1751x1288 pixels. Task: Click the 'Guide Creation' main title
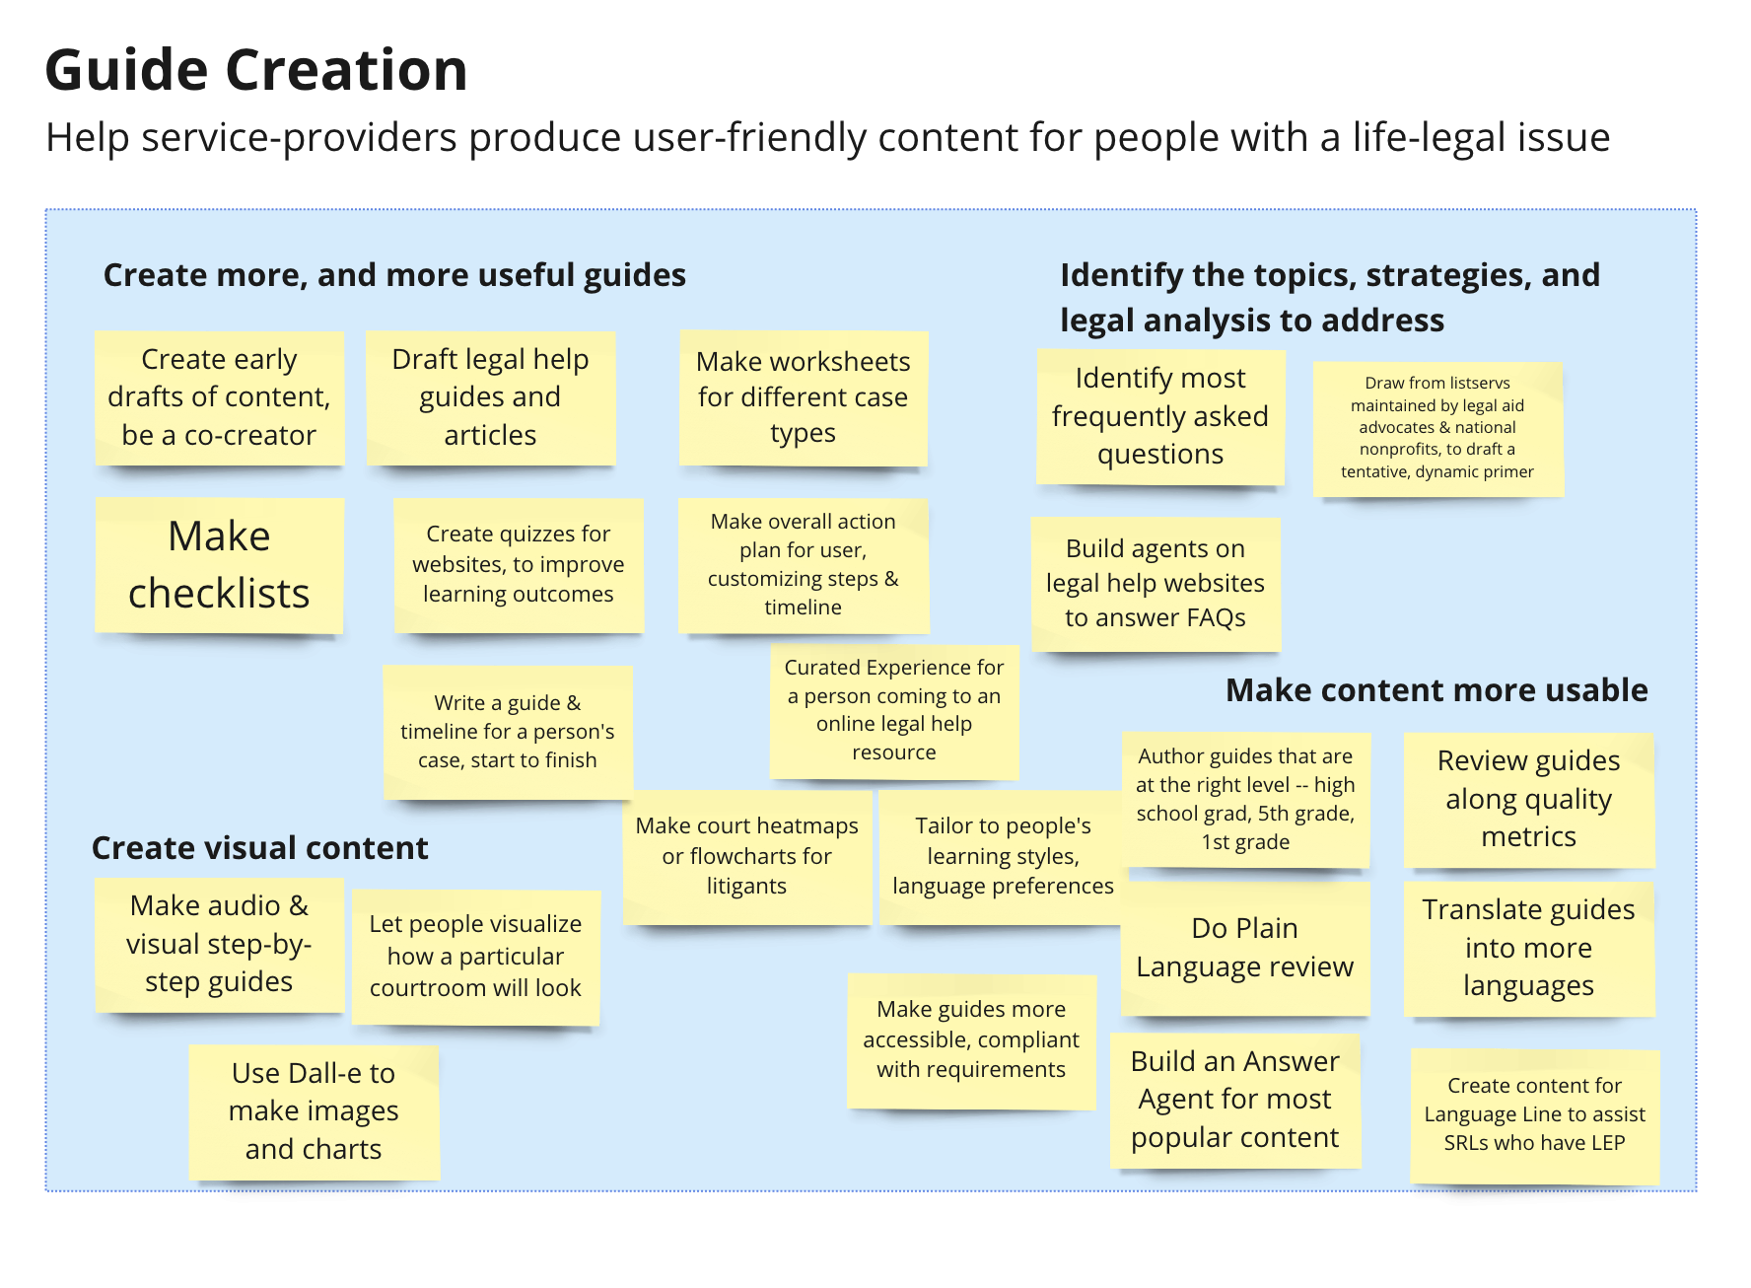pos(256,71)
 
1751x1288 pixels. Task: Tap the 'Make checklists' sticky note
pos(219,565)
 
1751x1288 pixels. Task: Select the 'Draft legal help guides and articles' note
pos(490,397)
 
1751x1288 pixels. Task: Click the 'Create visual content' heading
pos(259,848)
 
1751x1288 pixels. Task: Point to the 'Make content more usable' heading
pos(1436,690)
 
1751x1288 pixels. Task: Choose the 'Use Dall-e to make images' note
pos(314,1111)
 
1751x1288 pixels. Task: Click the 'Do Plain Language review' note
pos(1244,948)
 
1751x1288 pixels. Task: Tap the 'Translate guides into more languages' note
pos(1528,948)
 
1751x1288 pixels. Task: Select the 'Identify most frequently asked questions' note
pos(1159,416)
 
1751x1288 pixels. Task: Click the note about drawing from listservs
pos(1436,428)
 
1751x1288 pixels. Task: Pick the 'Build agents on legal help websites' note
pos(1155,584)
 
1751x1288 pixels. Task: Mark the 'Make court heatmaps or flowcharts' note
pos(746,856)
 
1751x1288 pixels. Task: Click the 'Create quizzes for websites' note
pos(518,564)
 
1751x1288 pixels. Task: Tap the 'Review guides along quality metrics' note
pos(1528,799)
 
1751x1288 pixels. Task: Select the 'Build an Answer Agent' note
pos(1234,1100)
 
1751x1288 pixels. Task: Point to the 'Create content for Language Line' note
pos(1534,1114)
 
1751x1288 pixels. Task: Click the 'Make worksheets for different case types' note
pos(803,397)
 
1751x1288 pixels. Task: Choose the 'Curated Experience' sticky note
pos(893,710)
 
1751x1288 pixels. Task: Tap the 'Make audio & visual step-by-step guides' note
pos(219,944)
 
